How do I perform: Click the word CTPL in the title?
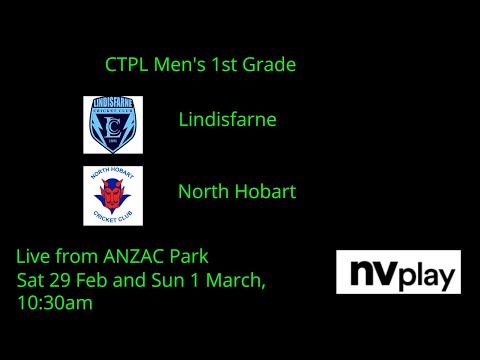click(125, 65)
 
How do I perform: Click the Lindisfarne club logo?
click(113, 124)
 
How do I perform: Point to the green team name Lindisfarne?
click(227, 120)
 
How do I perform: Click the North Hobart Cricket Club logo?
click(113, 195)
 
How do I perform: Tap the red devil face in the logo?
click(113, 192)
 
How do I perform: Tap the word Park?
click(188, 256)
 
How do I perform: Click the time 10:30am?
click(56, 302)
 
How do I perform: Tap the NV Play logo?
click(398, 272)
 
